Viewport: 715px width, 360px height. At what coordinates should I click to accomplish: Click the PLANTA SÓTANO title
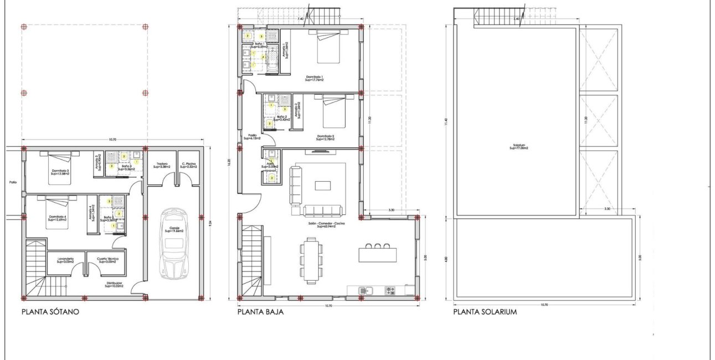tap(50, 312)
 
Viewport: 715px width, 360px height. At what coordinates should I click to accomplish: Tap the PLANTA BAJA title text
tap(260, 312)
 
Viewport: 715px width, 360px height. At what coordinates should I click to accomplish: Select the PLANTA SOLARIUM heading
tap(485, 312)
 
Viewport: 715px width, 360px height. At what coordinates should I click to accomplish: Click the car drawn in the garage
tap(173, 245)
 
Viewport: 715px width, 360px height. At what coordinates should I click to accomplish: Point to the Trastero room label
tap(162, 164)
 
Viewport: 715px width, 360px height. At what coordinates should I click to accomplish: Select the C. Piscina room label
tap(189, 164)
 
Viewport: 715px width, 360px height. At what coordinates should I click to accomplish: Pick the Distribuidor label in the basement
tap(115, 285)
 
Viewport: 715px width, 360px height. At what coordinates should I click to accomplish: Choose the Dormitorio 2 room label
tap(325, 137)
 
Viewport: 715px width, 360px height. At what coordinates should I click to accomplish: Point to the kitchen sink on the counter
tap(364, 290)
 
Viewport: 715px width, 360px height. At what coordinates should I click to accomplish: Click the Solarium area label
tap(518, 147)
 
